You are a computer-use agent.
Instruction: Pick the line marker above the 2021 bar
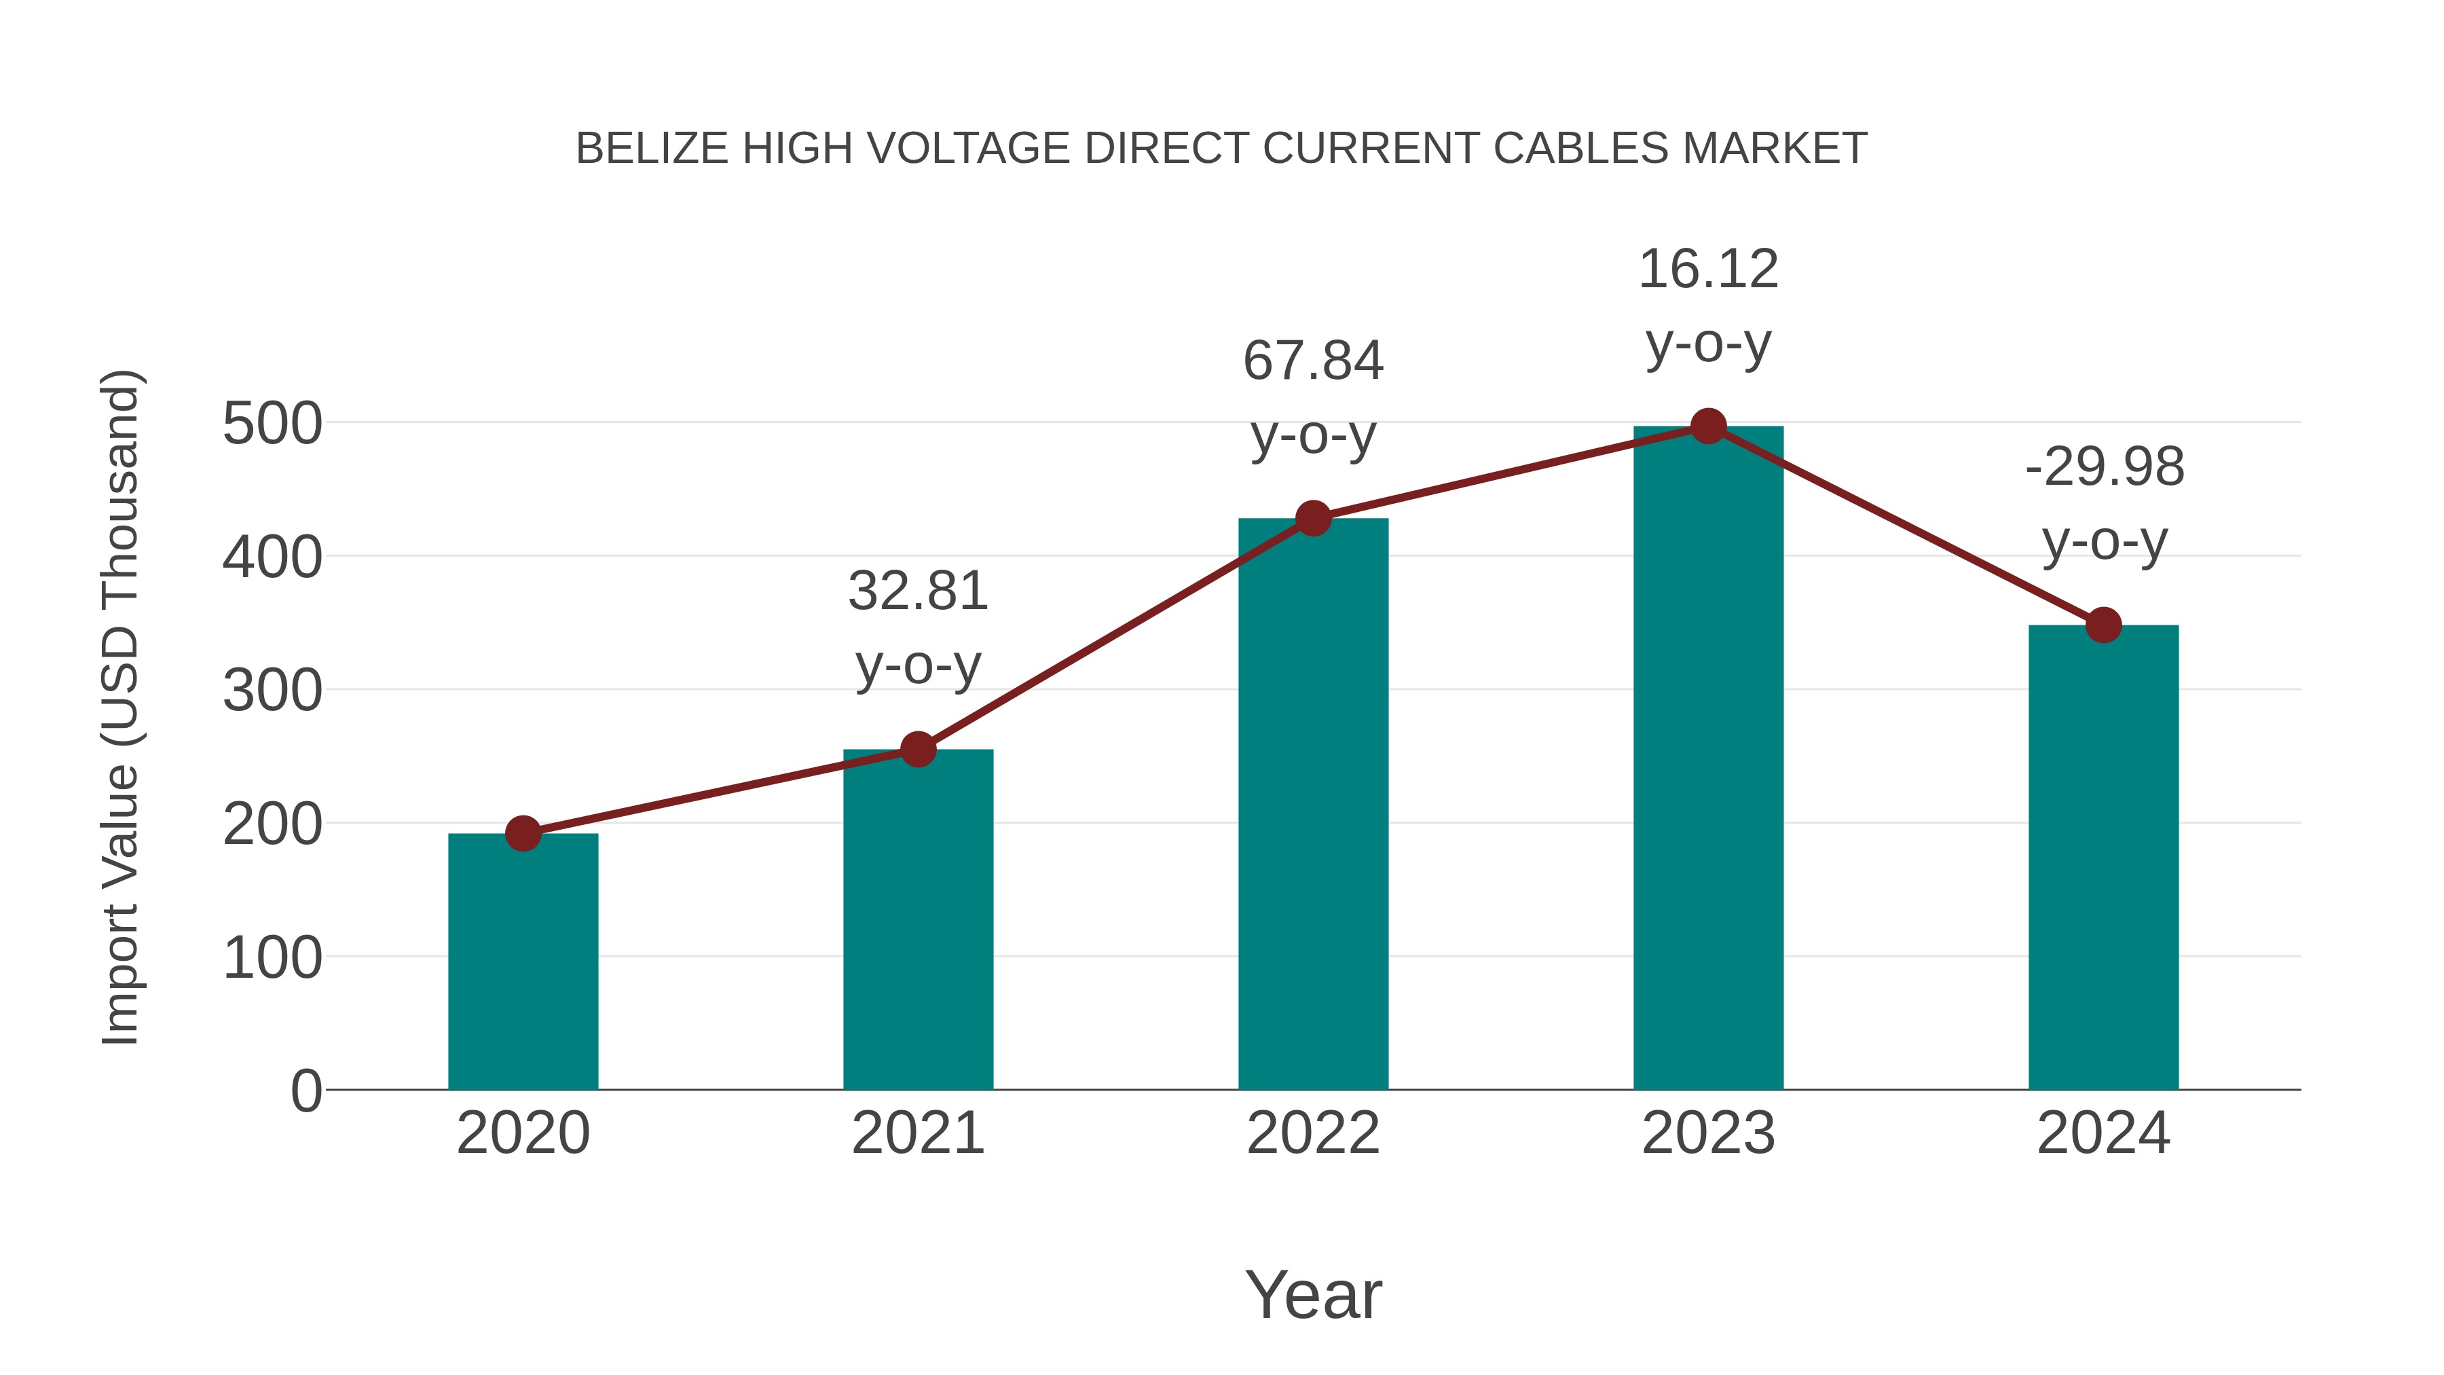coord(917,750)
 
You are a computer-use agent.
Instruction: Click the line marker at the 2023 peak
coord(1708,427)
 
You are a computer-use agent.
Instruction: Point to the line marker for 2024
coord(2103,625)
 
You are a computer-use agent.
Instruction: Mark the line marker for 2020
coord(523,834)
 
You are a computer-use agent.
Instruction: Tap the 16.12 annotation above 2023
coord(1708,270)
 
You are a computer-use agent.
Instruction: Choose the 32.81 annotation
coord(917,592)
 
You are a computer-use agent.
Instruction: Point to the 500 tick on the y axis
coord(272,424)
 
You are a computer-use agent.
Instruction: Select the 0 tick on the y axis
coord(305,1090)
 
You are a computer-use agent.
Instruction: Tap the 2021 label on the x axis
coord(917,1133)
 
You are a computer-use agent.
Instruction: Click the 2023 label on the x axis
coord(1708,1133)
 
